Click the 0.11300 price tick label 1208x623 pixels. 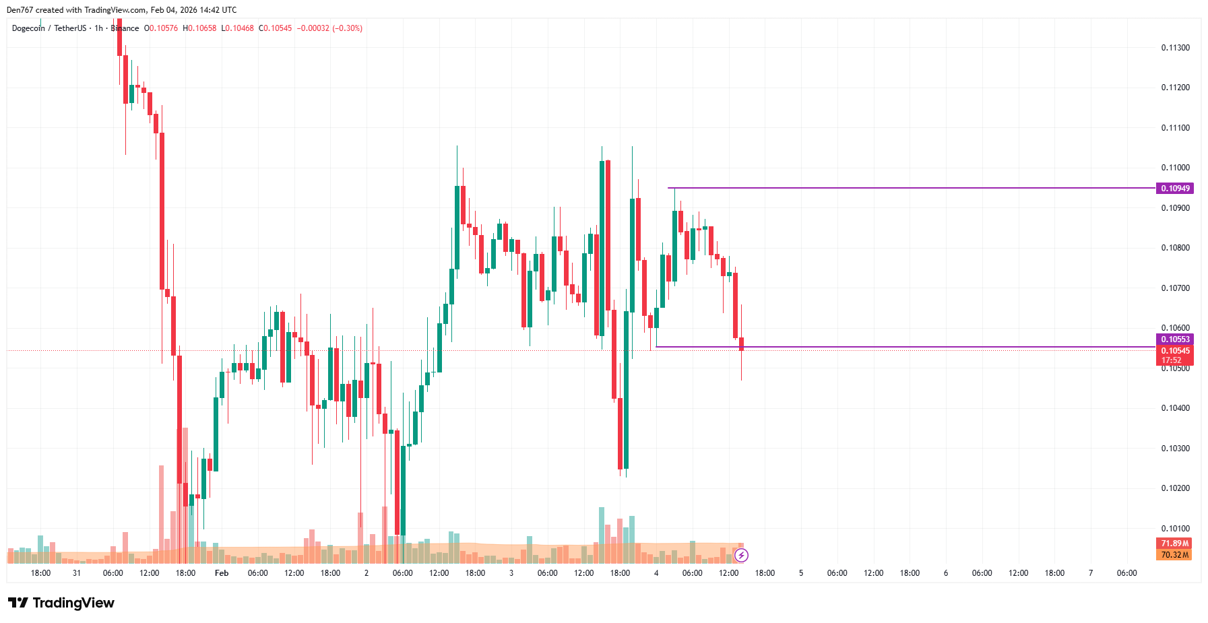[x=1175, y=48]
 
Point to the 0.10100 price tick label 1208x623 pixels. [x=1175, y=529]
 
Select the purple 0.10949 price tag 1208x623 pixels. [x=1174, y=189]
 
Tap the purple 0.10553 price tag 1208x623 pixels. [x=1174, y=339]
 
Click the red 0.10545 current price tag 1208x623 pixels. [x=1174, y=351]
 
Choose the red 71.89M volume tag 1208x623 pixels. [x=1174, y=544]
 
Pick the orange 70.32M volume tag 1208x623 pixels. [x=1174, y=555]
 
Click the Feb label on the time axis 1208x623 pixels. [x=222, y=573]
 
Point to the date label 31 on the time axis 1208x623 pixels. [x=77, y=573]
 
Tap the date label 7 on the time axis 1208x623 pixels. [x=1091, y=573]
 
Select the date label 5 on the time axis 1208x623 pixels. [x=801, y=573]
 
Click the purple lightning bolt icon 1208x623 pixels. [x=741, y=556]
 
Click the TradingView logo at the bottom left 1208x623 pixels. [x=61, y=603]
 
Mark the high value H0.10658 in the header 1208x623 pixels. [x=199, y=28]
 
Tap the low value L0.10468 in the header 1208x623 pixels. [x=238, y=28]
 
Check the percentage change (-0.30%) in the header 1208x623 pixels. [x=348, y=28]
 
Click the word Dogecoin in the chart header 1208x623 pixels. [x=28, y=28]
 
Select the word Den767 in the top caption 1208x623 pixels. [x=20, y=10]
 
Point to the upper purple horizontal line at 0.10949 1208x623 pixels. [x=910, y=188]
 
